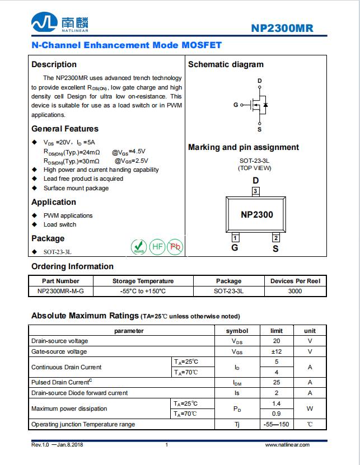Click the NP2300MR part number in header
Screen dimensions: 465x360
pos(282,29)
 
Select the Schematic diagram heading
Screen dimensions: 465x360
pos(226,64)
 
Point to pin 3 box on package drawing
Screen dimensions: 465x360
pos(255,191)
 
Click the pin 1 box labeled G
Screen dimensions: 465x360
pos(235,237)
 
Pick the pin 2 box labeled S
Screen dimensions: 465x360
pos(275,237)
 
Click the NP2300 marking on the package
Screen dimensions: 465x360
pos(257,214)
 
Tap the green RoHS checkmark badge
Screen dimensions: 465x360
pos(139,246)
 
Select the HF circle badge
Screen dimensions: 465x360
pos(158,246)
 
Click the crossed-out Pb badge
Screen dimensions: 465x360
pos(176,246)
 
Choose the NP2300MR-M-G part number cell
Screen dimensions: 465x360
pos(61,291)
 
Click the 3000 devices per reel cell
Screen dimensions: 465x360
pos(295,291)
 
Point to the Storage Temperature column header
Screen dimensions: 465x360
pos(143,281)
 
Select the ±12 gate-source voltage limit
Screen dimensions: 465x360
pos(276,351)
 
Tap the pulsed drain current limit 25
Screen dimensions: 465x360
pos(276,382)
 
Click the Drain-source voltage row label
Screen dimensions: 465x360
pos(60,341)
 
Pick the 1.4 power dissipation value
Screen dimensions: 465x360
pos(276,403)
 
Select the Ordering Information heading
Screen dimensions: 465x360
pos(72,266)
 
